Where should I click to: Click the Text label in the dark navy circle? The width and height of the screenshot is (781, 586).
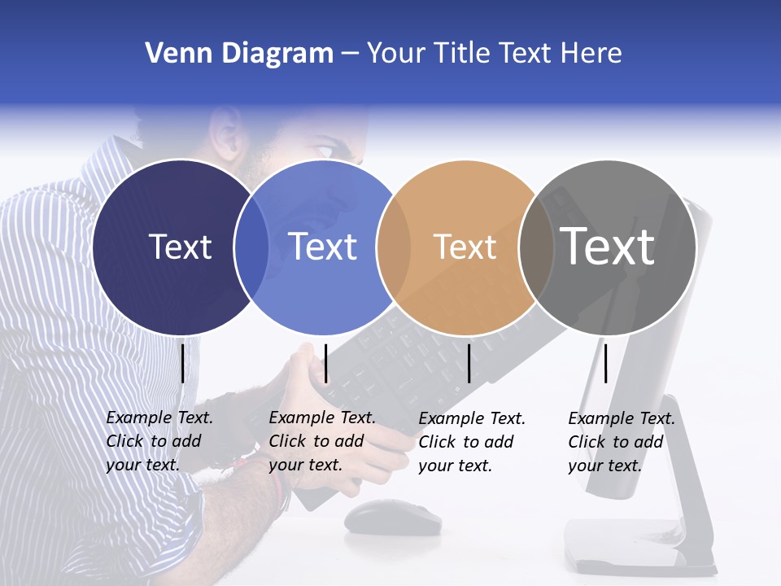pos(180,247)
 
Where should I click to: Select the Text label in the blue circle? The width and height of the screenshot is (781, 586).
pos(322,247)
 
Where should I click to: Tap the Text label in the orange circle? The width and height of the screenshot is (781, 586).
pos(465,247)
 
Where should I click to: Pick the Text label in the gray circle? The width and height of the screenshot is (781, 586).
pos(607,247)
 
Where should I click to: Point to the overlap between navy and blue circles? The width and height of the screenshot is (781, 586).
pos(251,247)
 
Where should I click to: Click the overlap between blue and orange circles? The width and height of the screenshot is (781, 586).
pos(394,247)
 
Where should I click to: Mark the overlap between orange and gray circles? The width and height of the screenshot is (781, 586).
pos(536,247)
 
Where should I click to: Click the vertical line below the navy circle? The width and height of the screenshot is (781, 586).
pos(182,363)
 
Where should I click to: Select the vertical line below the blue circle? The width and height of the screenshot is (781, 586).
pos(325,363)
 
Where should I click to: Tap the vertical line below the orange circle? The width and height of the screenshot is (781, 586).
pos(469,363)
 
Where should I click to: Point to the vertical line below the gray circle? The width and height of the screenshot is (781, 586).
pos(605,363)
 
